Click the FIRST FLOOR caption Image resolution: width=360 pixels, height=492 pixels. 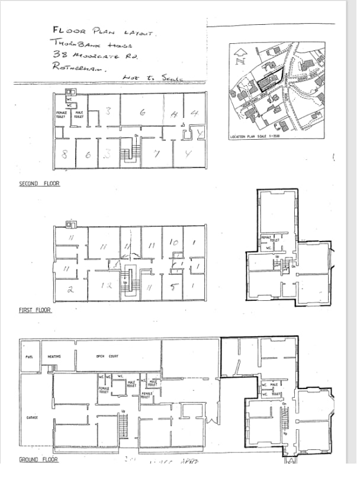(35, 310)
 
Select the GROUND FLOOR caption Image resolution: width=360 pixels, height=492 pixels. (37, 459)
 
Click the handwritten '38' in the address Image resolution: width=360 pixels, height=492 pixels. (59, 54)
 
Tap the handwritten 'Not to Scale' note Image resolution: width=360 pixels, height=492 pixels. (152, 78)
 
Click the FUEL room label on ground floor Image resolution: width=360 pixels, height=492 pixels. (28, 356)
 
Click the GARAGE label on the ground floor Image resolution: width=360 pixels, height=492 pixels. (32, 417)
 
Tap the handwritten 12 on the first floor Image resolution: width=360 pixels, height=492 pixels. (107, 286)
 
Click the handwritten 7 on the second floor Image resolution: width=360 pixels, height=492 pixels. (156, 155)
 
